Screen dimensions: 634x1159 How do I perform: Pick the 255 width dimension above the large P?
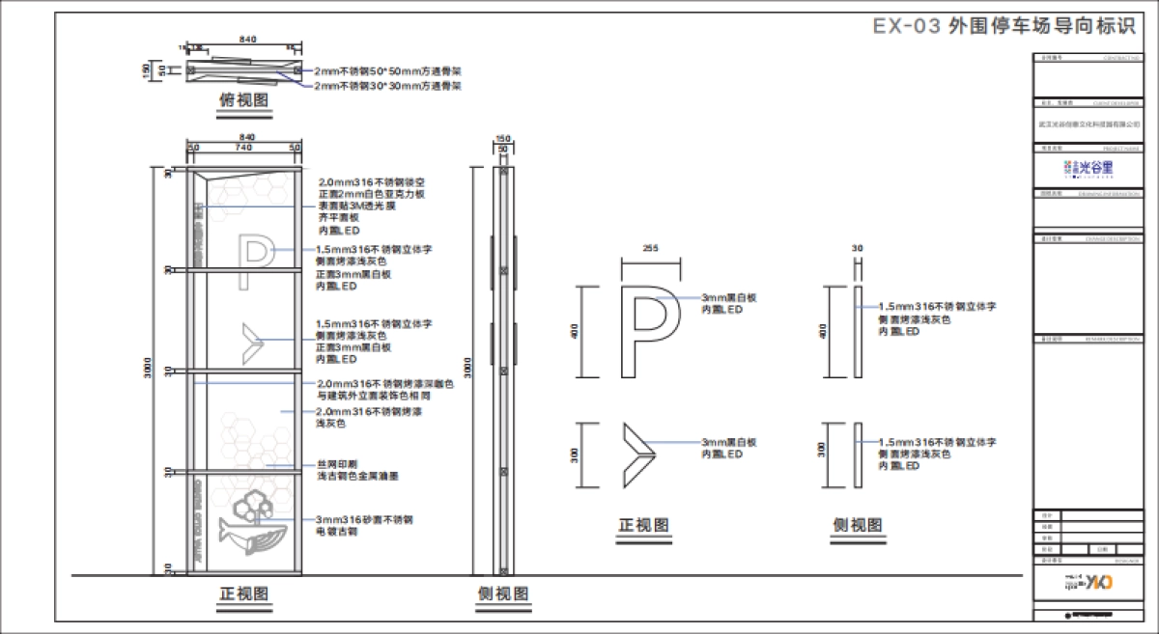click(650, 248)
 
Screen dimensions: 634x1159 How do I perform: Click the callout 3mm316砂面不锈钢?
click(364, 519)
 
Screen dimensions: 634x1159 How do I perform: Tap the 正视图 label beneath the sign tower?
click(241, 593)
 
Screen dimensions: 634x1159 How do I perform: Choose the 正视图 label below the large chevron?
click(644, 526)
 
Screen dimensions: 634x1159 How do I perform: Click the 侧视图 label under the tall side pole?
click(503, 593)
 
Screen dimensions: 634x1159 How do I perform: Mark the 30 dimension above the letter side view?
click(856, 249)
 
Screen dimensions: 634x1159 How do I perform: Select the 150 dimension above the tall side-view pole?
click(502, 139)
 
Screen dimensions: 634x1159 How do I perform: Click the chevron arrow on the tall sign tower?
click(253, 338)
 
